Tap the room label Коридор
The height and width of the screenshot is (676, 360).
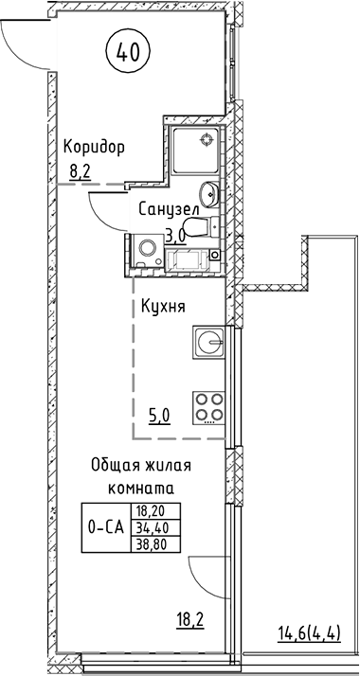[94, 148]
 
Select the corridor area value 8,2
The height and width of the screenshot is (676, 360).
[81, 171]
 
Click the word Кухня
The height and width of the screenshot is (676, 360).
[162, 307]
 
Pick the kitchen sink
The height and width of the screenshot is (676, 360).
[209, 341]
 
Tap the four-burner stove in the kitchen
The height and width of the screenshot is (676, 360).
[209, 408]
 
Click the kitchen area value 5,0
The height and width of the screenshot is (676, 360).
[160, 413]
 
